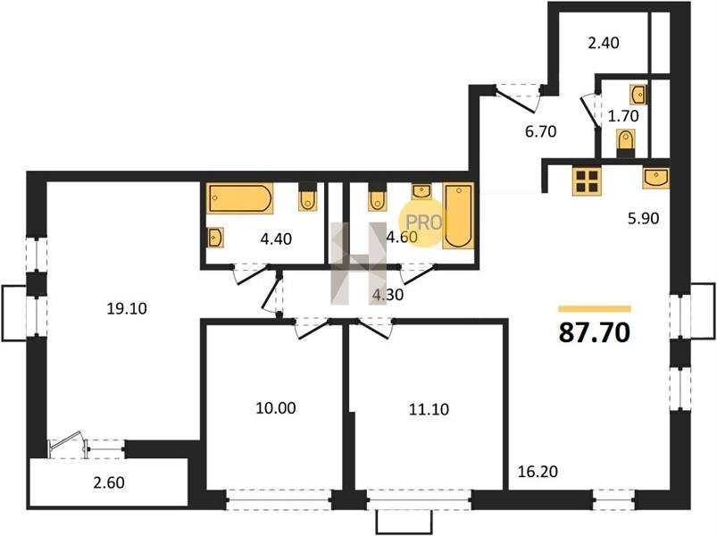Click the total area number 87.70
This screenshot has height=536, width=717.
point(595,332)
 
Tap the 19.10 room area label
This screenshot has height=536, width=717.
point(127,309)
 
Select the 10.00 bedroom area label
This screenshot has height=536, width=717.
point(276,408)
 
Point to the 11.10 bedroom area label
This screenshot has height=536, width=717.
point(429,409)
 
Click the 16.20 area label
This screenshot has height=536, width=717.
point(538,471)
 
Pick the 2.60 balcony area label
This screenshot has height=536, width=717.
point(109,482)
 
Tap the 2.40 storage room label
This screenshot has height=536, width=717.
point(604,43)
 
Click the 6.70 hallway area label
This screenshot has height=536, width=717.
point(540,131)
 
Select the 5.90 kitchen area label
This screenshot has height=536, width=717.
point(644,219)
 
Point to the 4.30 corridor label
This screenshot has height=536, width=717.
point(388,295)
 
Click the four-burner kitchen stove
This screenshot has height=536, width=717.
point(587,180)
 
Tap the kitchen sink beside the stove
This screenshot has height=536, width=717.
point(655,178)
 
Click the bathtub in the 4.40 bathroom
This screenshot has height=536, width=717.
point(240,198)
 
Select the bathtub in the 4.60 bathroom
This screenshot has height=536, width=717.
point(458,216)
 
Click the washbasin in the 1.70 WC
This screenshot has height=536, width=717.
point(638,95)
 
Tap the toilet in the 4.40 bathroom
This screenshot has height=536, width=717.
point(308,197)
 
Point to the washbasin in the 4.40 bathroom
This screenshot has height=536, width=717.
point(215,238)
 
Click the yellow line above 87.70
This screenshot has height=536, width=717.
point(595,309)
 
